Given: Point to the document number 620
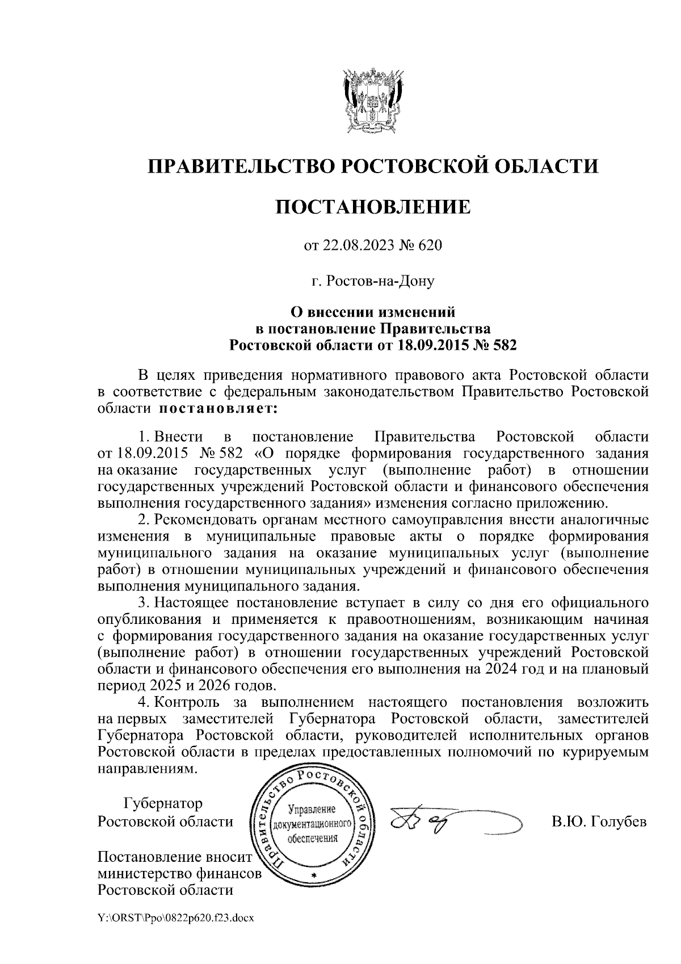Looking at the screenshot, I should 430,246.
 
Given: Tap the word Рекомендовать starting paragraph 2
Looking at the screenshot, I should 203,519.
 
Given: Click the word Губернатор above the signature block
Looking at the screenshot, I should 163,804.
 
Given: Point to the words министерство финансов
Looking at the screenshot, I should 180,873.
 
